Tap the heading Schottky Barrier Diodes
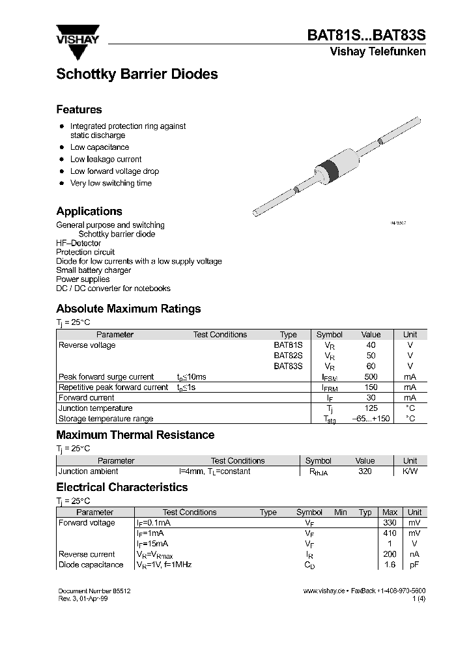click(137, 74)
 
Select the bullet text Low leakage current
click(106, 160)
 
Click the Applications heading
click(89, 212)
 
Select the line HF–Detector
click(78, 243)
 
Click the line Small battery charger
click(93, 270)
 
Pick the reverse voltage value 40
click(371, 345)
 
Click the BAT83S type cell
click(288, 366)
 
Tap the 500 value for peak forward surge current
click(371, 376)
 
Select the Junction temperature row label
click(95, 408)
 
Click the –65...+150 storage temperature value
click(371, 419)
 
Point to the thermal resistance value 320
click(365, 471)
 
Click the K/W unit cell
click(410, 471)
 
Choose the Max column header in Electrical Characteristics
click(390, 512)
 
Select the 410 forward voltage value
click(390, 533)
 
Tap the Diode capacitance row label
click(91, 565)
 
